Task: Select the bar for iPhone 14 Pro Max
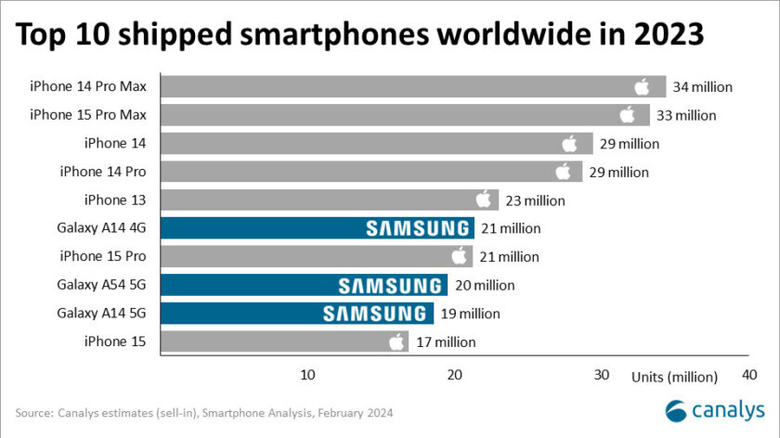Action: tap(413, 87)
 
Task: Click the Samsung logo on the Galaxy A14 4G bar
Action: tap(417, 228)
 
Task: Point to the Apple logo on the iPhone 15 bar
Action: tap(396, 341)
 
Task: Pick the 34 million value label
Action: tap(703, 87)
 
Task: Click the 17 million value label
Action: tap(445, 341)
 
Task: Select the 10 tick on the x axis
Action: tap(307, 375)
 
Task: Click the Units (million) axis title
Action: tap(675, 377)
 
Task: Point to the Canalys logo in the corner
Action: tap(715, 409)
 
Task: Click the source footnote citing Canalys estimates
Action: tap(204, 412)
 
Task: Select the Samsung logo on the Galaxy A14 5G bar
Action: tap(376, 314)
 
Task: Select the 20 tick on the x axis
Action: tap(454, 375)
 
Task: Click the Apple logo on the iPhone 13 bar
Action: tap(483, 200)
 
